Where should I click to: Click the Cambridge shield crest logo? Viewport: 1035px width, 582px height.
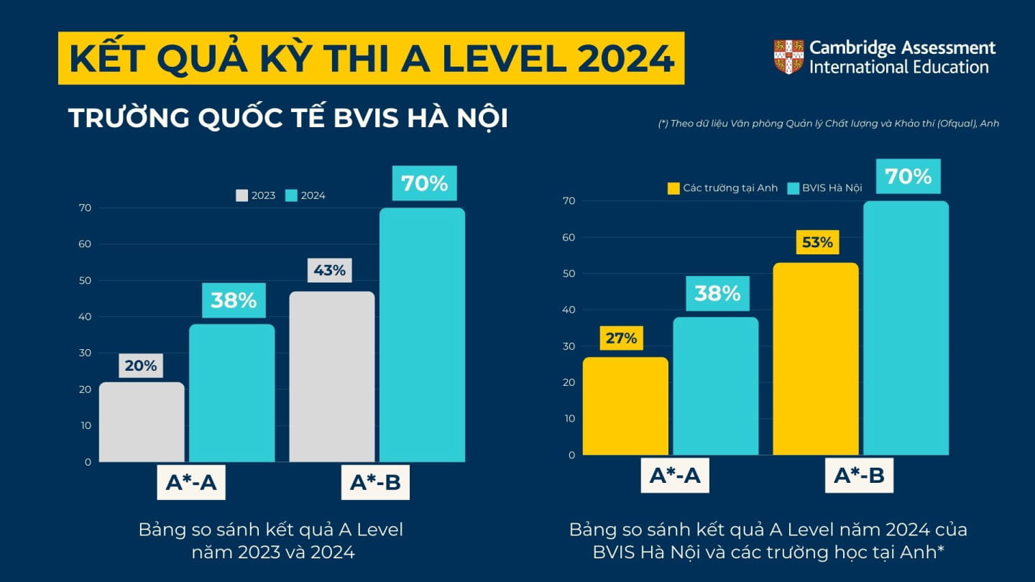pyautogui.click(x=788, y=57)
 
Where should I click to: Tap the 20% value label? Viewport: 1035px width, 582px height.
pyautogui.click(x=140, y=366)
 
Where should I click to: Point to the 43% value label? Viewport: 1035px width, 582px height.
pyautogui.click(x=330, y=271)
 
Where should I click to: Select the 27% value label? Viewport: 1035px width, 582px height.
pyautogui.click(x=621, y=338)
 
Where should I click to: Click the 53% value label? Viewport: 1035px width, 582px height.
pyautogui.click(x=816, y=243)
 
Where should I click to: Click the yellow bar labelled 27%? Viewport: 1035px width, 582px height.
pyautogui.click(x=625, y=406)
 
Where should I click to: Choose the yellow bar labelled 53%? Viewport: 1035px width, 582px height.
pyautogui.click(x=816, y=359)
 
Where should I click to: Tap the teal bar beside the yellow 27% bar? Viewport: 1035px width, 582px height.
pyautogui.click(x=716, y=386)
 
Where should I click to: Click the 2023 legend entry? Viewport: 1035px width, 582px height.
pyautogui.click(x=256, y=195)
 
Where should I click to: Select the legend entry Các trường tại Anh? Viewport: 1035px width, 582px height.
pyautogui.click(x=723, y=188)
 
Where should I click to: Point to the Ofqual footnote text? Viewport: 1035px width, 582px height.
pyautogui.click(x=828, y=124)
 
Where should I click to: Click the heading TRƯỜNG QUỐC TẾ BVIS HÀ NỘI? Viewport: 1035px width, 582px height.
pyautogui.click(x=288, y=119)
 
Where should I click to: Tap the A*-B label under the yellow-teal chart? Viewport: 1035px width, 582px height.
pyautogui.click(x=859, y=475)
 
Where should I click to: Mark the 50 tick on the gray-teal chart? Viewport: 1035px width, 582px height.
pyautogui.click(x=86, y=280)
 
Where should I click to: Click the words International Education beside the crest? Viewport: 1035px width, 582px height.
pyautogui.click(x=898, y=68)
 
